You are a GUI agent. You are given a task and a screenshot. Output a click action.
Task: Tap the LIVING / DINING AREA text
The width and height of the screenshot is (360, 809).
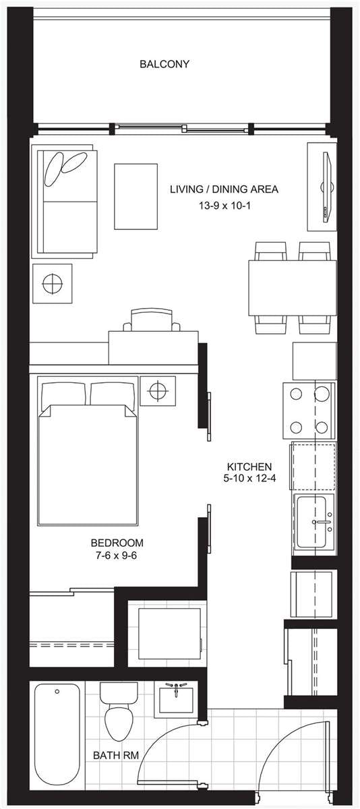(224, 189)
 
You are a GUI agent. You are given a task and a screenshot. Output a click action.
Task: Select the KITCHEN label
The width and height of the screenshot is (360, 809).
(249, 467)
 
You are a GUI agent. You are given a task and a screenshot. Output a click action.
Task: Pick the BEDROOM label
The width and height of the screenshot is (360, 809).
(117, 543)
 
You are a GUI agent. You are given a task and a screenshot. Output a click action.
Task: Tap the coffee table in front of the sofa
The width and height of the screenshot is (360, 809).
(136, 196)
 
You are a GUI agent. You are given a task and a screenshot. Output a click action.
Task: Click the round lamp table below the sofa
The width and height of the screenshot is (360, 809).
(52, 284)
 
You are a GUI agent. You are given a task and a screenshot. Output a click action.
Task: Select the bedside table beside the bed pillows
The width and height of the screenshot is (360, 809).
(158, 391)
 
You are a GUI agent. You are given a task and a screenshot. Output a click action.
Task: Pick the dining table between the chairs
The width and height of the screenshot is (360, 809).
(292, 288)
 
